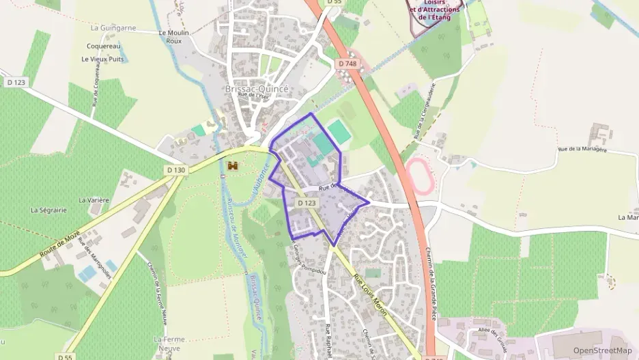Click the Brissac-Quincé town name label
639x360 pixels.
(x=257, y=89)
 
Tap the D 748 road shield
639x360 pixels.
(x=347, y=64)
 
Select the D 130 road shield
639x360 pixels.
(x=175, y=170)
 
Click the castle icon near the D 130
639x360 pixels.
(x=233, y=166)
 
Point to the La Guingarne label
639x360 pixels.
(x=113, y=28)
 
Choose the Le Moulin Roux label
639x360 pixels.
(x=174, y=36)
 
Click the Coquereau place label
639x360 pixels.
(x=104, y=46)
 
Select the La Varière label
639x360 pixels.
(x=94, y=200)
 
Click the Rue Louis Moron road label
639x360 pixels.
(x=370, y=294)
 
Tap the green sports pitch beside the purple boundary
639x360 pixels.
(x=339, y=132)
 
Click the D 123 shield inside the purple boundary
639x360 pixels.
(x=307, y=203)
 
